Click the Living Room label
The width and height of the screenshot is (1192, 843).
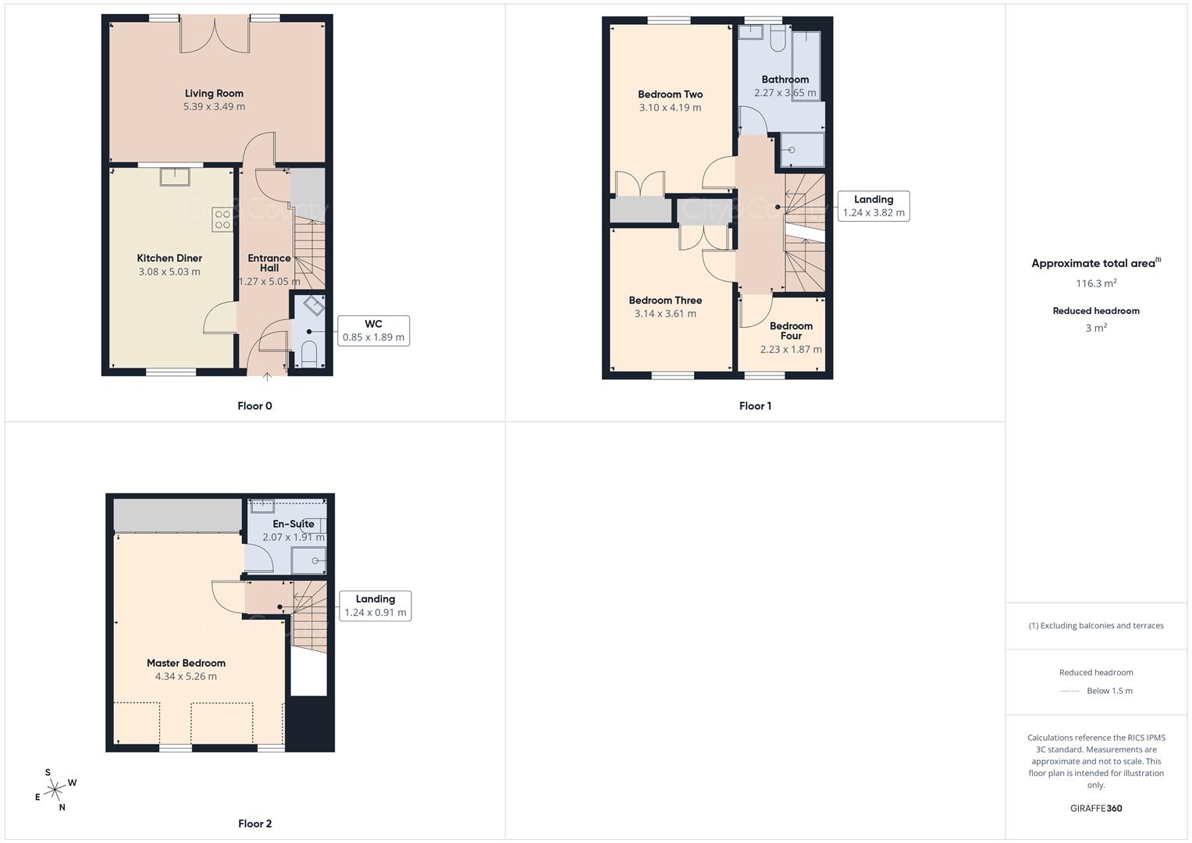point(214,94)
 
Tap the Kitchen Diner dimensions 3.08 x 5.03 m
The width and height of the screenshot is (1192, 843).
point(169,272)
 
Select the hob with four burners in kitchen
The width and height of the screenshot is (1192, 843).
point(222,219)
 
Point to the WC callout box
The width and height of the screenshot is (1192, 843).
point(373,331)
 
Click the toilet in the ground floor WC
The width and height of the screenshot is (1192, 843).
point(309,353)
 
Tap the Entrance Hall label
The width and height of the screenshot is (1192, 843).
point(269,263)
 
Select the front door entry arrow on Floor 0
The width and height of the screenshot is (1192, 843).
point(267,378)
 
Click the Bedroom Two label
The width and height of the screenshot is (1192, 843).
point(670,94)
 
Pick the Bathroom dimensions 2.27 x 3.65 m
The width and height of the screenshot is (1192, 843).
point(785,93)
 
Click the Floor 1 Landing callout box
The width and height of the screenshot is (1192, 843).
point(874,206)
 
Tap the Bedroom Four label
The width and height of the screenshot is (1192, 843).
point(791,331)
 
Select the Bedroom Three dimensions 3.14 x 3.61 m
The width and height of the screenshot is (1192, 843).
point(665,314)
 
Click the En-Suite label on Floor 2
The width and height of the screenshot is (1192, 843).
point(294,524)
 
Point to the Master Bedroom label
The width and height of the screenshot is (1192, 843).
point(186,663)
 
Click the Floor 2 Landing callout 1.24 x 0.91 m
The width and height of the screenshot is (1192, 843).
point(375,606)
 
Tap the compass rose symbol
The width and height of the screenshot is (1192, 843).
point(55,791)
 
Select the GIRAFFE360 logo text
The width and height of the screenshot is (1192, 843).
point(1096,809)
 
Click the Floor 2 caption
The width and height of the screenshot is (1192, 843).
point(255,823)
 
